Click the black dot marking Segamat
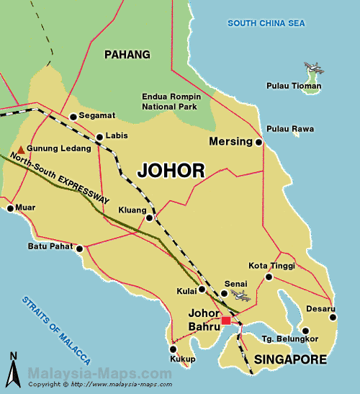point(73,117)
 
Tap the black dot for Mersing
point(259,143)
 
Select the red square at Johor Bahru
point(226,321)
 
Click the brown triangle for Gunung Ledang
point(21,148)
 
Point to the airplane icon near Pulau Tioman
point(313,69)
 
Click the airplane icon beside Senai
point(240,295)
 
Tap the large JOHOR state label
point(171,171)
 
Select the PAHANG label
point(127,55)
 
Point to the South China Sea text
point(266,24)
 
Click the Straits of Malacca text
point(55,330)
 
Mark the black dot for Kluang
point(149,218)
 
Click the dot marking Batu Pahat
point(80,249)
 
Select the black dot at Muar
point(10,209)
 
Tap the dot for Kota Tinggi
point(269,277)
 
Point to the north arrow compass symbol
point(13,370)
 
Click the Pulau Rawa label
point(290,130)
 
